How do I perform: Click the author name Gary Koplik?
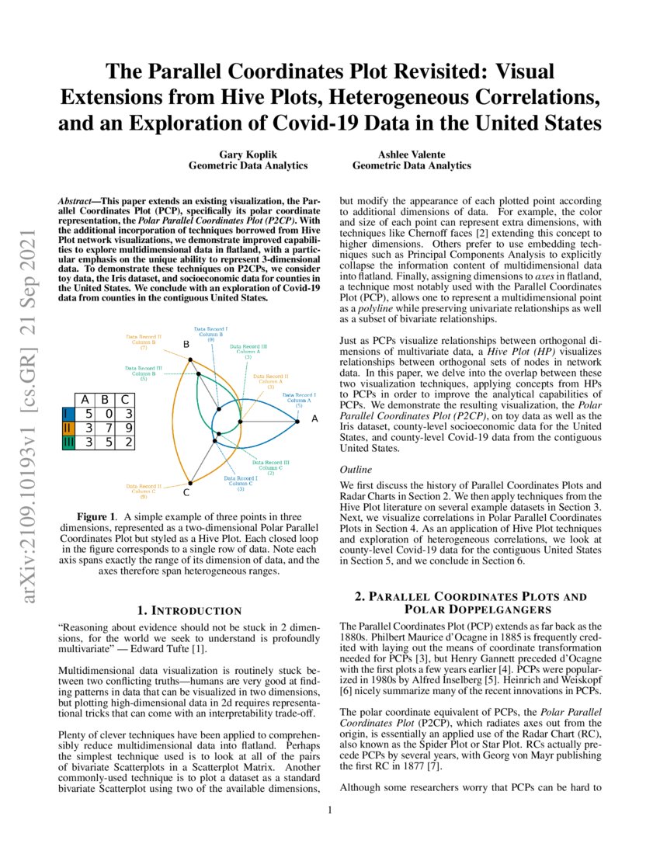(x=248, y=154)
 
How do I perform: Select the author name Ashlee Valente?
(x=411, y=154)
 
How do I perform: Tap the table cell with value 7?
(x=107, y=428)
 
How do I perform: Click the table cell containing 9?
(x=127, y=428)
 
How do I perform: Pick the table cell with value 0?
(x=107, y=414)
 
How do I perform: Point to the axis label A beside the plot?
(x=314, y=418)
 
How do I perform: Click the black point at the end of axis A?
(x=299, y=422)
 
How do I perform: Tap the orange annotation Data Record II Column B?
(x=143, y=342)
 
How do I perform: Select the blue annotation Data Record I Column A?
(x=298, y=400)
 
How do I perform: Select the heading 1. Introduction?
(x=189, y=610)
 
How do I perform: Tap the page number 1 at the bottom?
(x=330, y=811)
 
